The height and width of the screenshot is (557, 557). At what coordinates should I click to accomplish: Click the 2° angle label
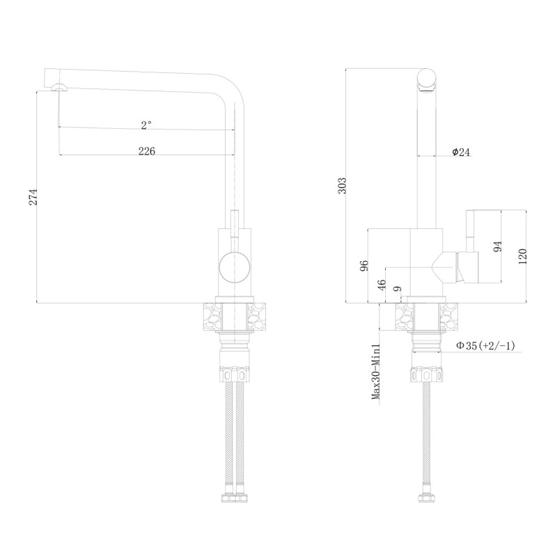coord(146,125)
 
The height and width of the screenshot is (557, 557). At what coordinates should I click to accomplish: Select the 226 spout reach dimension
coord(146,151)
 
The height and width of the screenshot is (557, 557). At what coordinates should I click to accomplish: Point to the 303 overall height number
coord(340,185)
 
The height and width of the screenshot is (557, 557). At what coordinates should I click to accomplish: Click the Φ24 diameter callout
coord(461,152)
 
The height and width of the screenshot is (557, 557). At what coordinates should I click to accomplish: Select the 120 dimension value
coord(523,256)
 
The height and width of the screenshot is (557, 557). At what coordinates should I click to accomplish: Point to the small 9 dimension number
coord(398,289)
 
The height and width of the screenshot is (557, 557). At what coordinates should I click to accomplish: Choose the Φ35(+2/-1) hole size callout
coord(485,345)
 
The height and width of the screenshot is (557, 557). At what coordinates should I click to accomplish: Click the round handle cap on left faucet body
coord(233,266)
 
